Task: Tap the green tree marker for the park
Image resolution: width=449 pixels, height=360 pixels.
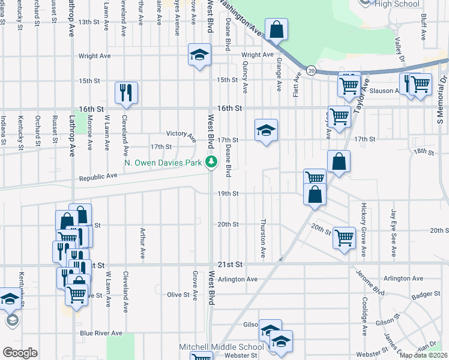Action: [211, 161]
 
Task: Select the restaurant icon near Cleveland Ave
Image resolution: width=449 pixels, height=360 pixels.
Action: [127, 92]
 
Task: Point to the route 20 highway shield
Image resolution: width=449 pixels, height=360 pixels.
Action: [311, 70]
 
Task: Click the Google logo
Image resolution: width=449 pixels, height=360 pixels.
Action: [20, 353]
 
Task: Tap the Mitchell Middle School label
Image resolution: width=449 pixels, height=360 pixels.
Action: [221, 347]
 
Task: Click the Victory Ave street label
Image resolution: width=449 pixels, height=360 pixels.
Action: [182, 136]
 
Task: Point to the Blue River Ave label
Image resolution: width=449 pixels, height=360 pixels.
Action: [101, 333]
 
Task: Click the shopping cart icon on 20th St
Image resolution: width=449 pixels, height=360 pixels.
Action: [344, 238]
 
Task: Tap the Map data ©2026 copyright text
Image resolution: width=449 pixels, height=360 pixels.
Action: [423, 355]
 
